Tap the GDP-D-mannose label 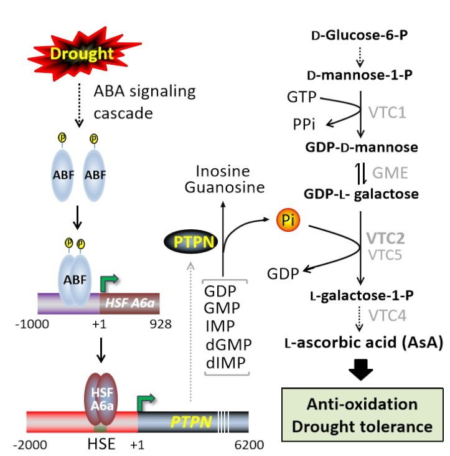click(x=361, y=148)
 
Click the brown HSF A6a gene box click(x=129, y=302)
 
